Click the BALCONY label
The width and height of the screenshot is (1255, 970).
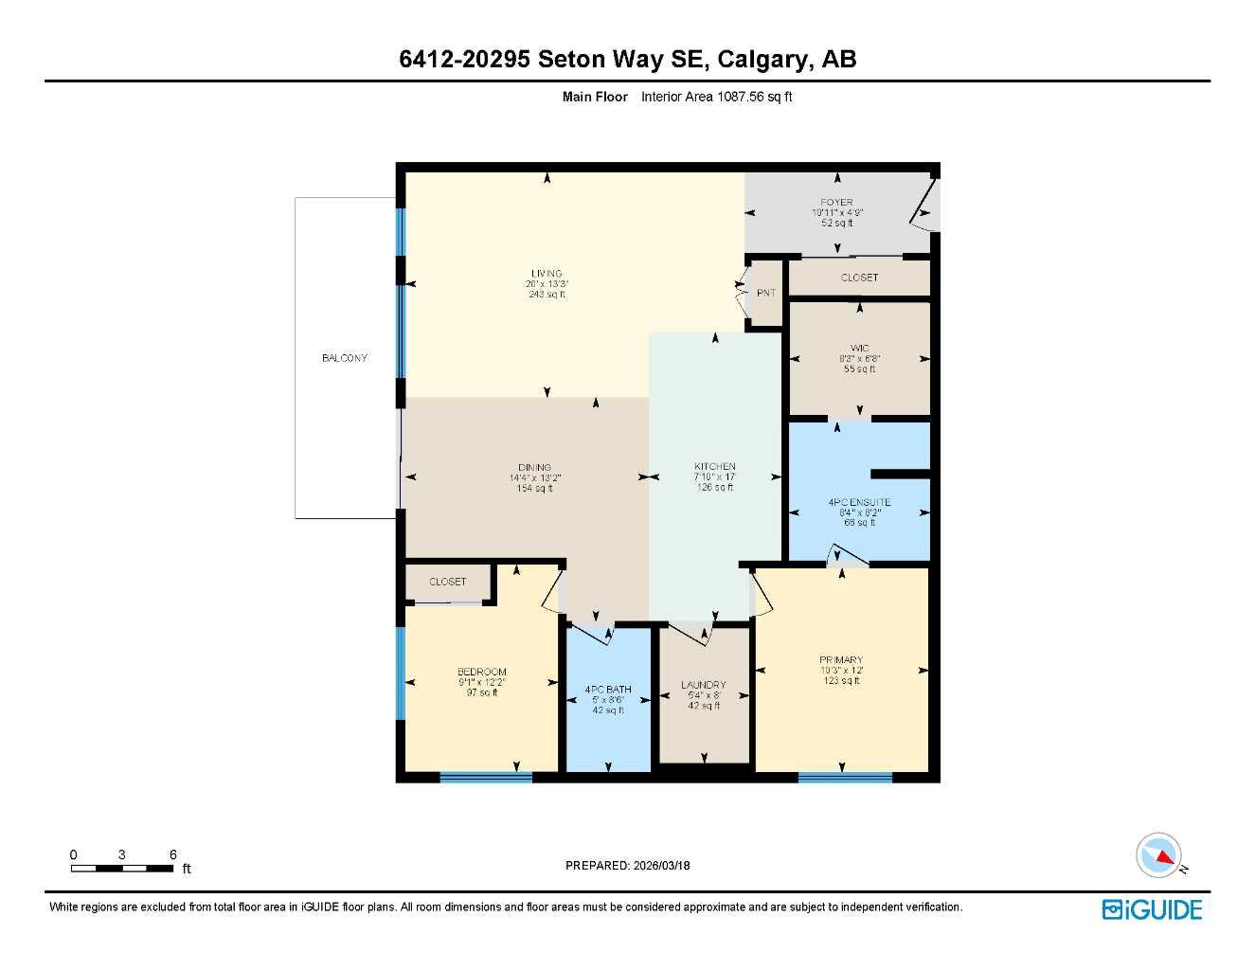pos(344,358)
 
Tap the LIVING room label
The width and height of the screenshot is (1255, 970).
pos(547,274)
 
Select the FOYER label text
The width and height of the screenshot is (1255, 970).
pos(836,203)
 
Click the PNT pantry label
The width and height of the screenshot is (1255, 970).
pos(765,294)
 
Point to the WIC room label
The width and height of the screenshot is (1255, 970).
pos(859,349)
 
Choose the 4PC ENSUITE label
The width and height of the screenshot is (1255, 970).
pos(859,503)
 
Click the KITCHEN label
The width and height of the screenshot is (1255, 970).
pos(714,467)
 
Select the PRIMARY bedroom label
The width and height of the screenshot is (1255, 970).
pos(841,660)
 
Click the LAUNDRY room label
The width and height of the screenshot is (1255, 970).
pos(704,685)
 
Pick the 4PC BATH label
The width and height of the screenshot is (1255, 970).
pos(608,690)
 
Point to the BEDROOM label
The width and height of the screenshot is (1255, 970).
pos(481,673)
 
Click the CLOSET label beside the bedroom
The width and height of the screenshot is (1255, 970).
pos(447,582)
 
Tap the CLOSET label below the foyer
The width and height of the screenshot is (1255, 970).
pos(859,278)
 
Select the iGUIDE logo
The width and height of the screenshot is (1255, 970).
pos(1152,909)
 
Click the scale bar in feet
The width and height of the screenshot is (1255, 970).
pos(109,868)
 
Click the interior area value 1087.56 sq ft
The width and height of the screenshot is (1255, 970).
pos(716,97)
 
